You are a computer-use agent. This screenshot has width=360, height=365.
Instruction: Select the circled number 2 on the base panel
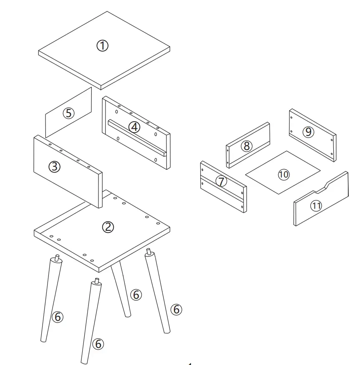108,227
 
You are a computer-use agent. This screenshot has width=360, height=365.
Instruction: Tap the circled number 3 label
55,167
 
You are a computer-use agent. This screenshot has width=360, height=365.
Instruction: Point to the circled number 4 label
134,127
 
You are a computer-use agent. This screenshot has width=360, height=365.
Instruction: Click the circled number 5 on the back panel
68,113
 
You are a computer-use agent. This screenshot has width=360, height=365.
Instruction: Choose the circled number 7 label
221,181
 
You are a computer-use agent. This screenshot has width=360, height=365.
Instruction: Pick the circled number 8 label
247,146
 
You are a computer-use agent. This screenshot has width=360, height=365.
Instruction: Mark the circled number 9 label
308,132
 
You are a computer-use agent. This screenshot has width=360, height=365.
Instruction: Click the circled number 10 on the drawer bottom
283,174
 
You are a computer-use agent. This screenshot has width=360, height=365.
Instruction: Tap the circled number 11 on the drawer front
317,205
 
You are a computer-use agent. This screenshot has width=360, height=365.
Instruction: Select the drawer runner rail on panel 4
138,137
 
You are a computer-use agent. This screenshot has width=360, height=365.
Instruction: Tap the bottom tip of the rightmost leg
167,332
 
